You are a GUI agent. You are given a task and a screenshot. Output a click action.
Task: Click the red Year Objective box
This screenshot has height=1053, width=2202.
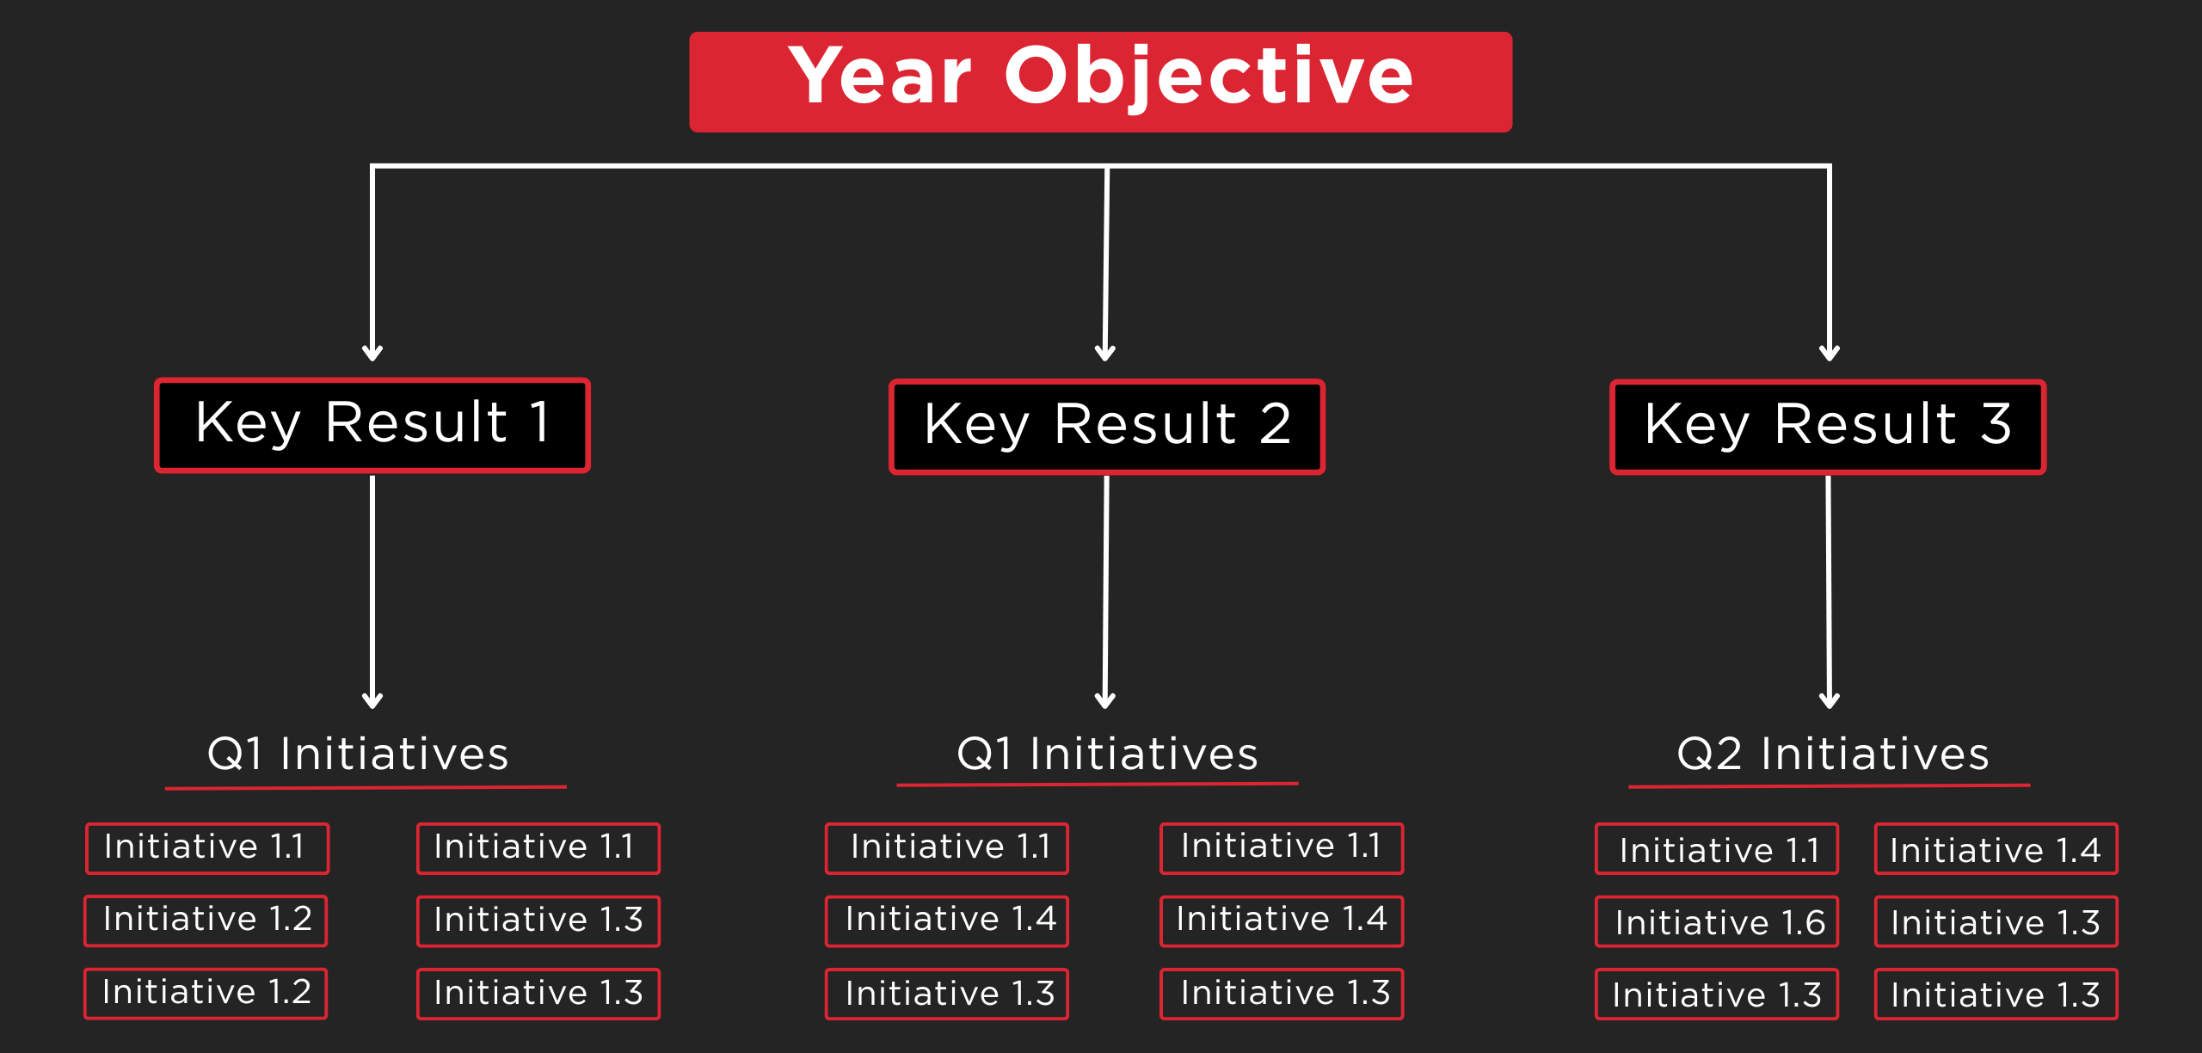pos(1100,82)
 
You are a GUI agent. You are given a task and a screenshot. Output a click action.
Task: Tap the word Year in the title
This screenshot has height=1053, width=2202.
pos(880,77)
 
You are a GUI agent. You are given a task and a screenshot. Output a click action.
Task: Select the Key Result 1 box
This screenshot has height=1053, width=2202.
pos(372,425)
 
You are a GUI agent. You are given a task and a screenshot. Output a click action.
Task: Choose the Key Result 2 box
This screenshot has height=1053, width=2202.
pos(1107,427)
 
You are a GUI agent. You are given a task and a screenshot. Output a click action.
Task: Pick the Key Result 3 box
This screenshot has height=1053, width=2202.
pos(1828,427)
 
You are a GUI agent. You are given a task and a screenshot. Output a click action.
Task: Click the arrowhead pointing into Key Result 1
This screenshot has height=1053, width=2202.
pos(372,353)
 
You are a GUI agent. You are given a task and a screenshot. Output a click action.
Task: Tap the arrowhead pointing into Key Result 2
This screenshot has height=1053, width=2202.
pos(1105,353)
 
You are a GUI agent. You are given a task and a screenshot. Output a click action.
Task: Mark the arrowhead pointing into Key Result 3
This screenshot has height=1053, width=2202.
pos(1830,353)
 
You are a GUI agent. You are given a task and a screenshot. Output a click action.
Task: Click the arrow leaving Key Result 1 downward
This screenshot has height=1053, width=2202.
pos(372,592)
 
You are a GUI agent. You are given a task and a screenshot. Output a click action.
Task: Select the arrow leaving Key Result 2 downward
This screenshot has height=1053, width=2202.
pos(1106,592)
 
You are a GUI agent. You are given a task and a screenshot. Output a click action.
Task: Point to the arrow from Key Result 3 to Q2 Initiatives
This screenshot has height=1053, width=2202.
pos(1829,592)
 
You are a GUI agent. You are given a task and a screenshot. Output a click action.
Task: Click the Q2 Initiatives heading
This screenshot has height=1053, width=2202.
pos(1833,754)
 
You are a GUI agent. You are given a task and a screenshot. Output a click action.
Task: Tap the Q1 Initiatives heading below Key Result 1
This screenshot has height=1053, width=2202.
pos(358,754)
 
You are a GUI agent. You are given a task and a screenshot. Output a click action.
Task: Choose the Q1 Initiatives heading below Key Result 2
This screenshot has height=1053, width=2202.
pos(1107,754)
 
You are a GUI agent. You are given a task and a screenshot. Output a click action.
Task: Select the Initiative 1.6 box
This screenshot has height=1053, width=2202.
pos(1717,921)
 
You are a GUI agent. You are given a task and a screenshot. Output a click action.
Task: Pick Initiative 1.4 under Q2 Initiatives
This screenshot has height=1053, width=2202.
pos(1996,849)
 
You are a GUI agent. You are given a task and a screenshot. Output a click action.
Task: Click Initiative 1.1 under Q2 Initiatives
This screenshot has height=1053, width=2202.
pos(1717,849)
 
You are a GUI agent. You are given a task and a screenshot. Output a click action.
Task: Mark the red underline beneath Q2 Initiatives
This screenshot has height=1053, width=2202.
pos(1830,785)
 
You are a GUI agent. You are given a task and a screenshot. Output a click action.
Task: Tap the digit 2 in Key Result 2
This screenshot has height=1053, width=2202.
pos(1275,424)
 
